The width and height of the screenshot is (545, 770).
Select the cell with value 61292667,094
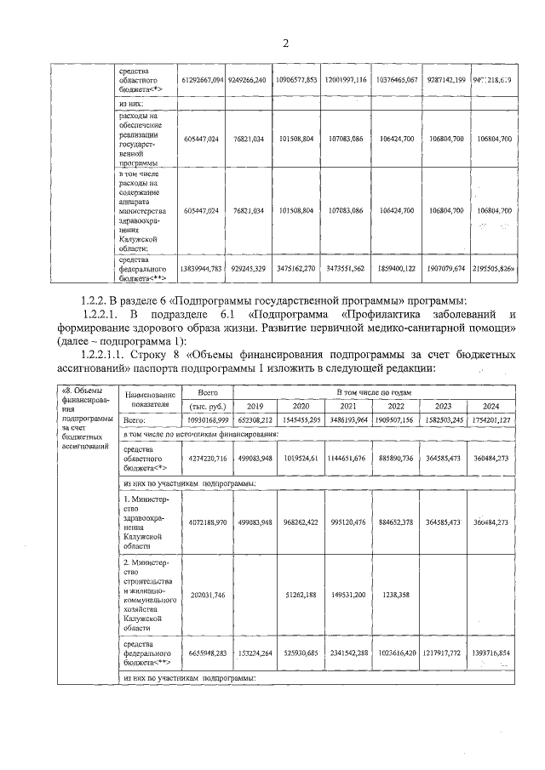point(202,79)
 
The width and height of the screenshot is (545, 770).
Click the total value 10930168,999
point(202,420)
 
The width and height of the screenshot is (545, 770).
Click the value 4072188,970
point(202,522)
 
